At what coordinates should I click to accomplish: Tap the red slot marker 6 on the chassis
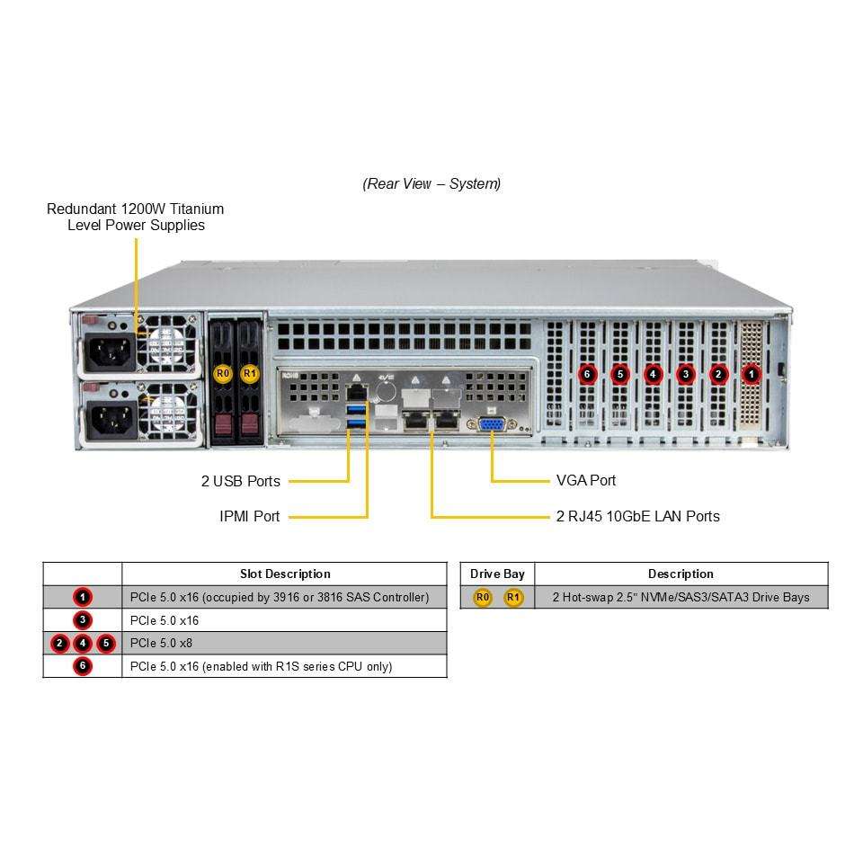pyautogui.click(x=587, y=375)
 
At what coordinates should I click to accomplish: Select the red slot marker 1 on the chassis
pyautogui.click(x=751, y=375)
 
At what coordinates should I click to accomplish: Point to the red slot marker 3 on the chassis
pyautogui.click(x=685, y=375)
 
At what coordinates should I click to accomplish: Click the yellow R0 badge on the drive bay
pyautogui.click(x=222, y=374)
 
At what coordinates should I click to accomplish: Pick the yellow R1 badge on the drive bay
pyautogui.click(x=250, y=374)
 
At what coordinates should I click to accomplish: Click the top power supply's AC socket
pyautogui.click(x=110, y=352)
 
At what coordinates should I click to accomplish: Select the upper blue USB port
pyautogui.click(x=357, y=408)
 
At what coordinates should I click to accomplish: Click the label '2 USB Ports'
pyautogui.click(x=241, y=481)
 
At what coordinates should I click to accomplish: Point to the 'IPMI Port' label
pyautogui.click(x=249, y=516)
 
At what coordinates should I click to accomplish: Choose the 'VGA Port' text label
pyautogui.click(x=585, y=480)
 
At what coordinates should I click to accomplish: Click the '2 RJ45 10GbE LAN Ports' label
pyautogui.click(x=638, y=516)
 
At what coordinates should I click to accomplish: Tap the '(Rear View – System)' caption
pyautogui.click(x=431, y=183)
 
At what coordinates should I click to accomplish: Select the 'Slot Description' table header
pyautogui.click(x=285, y=574)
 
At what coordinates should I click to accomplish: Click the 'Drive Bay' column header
pyautogui.click(x=497, y=574)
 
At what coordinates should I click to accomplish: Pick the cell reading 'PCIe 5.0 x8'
pyautogui.click(x=161, y=643)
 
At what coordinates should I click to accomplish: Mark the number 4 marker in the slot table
pyautogui.click(x=83, y=643)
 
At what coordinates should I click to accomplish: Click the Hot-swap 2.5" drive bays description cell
pyautogui.click(x=681, y=597)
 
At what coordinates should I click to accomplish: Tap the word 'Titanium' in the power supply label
pyautogui.click(x=197, y=209)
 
